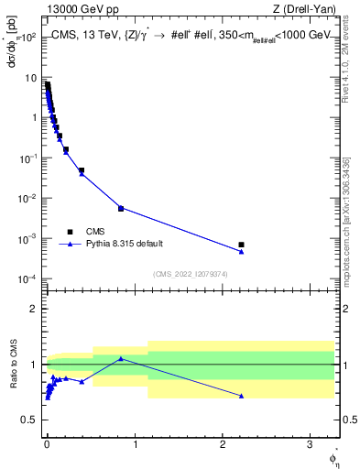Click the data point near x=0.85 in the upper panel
[121, 208]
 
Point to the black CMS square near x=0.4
[82, 170]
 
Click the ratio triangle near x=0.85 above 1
[121, 358]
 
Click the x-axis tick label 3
[310, 442]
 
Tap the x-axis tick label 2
[223, 442]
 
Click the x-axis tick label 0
[47, 442]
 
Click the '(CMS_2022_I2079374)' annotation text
[191, 273]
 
